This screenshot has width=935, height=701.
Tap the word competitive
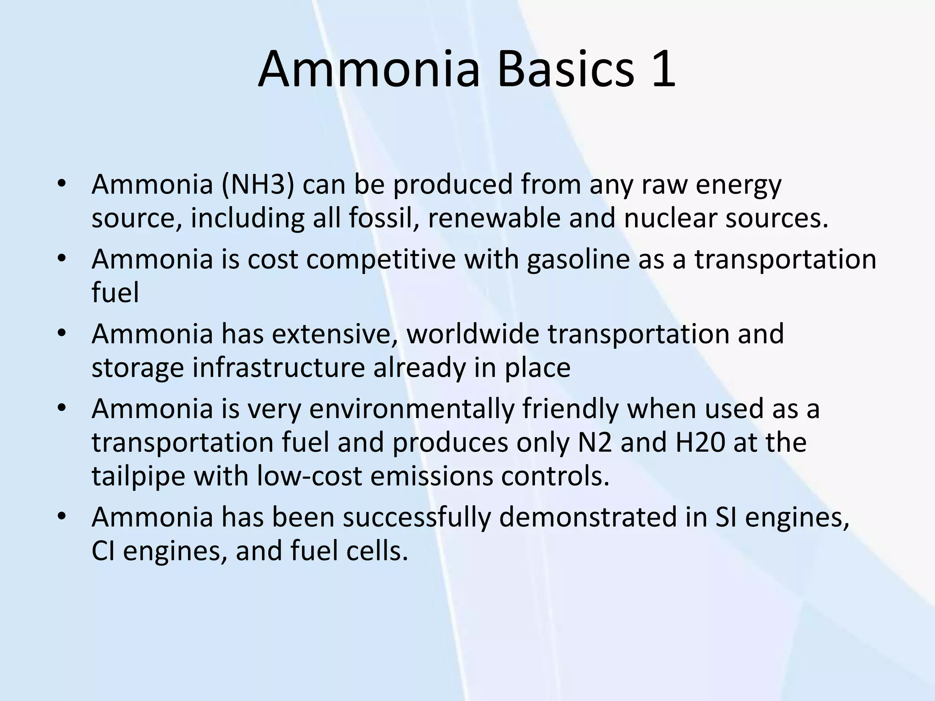pos(381,259)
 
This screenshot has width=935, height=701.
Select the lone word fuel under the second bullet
pos(115,293)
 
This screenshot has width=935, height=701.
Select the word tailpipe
pos(138,476)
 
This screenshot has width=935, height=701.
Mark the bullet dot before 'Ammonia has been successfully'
pos(62,516)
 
